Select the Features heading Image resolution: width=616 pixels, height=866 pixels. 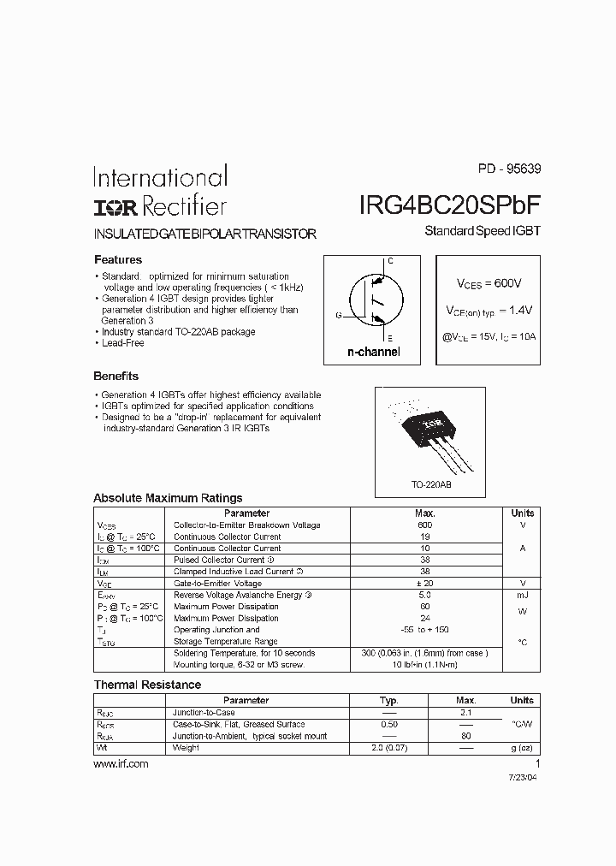[117, 259]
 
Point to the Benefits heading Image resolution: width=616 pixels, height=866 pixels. [115, 376]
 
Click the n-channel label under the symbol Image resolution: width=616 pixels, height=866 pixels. [373, 353]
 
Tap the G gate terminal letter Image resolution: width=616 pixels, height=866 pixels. [338, 316]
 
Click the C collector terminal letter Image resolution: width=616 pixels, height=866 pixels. [390, 260]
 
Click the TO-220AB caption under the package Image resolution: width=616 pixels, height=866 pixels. [431, 484]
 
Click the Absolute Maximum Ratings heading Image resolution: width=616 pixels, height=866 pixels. [168, 498]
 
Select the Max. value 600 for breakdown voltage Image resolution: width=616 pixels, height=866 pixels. [425, 525]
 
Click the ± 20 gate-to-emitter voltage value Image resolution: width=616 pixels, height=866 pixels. [425, 583]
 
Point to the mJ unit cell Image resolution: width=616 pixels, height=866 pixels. [522, 595]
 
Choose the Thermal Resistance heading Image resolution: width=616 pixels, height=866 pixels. [147, 685]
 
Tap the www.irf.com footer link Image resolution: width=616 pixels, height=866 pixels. [121, 764]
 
